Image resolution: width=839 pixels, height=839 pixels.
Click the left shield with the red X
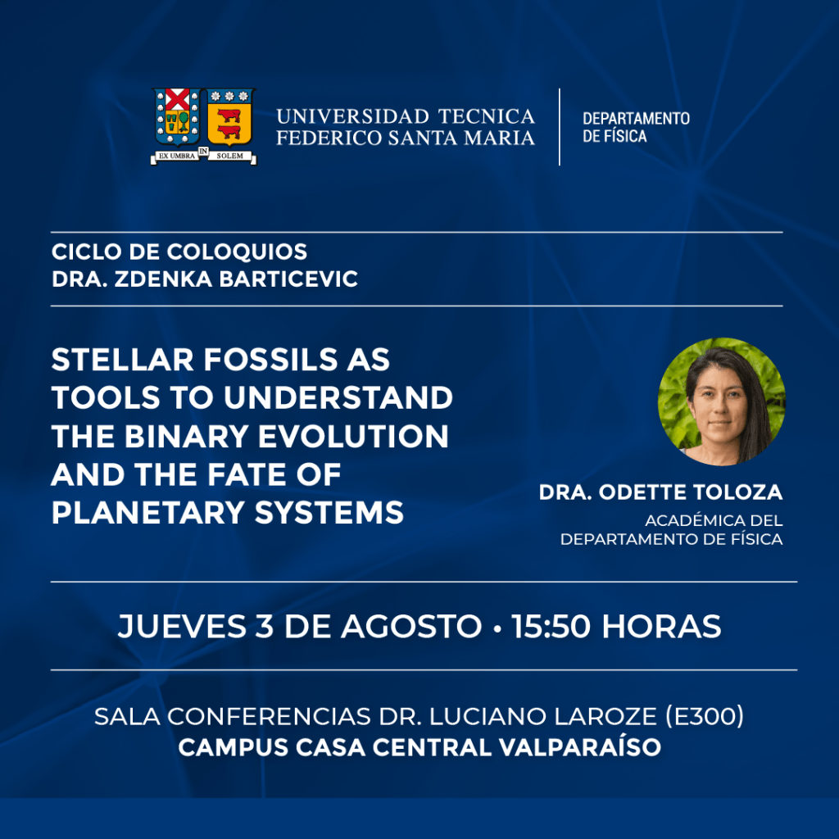pyautogui.click(x=177, y=117)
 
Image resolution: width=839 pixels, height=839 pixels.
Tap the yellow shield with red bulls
pyautogui.click(x=230, y=117)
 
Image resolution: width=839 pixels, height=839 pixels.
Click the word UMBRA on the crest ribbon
pyautogui.click(x=183, y=156)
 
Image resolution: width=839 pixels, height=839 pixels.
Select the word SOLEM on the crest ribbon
pyautogui.click(x=230, y=156)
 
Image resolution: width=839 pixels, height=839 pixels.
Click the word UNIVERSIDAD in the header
pyautogui.click(x=352, y=116)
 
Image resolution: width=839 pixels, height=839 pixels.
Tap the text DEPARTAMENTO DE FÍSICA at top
pyautogui.click(x=636, y=127)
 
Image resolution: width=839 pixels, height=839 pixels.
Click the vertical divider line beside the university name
pyautogui.click(x=560, y=127)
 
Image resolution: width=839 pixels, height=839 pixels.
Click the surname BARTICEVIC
pyautogui.click(x=288, y=279)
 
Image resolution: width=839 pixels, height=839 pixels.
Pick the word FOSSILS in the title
pyautogui.click(x=270, y=359)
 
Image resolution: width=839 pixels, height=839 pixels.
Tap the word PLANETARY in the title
pyautogui.click(x=148, y=513)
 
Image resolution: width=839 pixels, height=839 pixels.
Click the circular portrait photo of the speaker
pyautogui.click(x=721, y=401)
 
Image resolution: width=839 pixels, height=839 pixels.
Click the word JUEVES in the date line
pyautogui.click(x=183, y=626)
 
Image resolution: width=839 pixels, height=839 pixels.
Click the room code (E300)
pyautogui.click(x=705, y=716)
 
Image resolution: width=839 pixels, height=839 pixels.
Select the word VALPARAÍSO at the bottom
pyautogui.click(x=580, y=747)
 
